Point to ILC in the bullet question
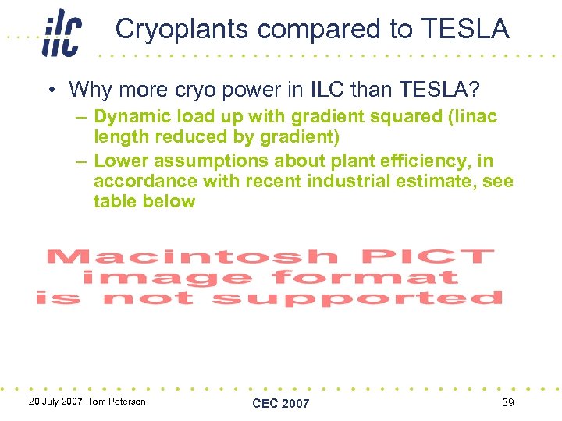coord(327,89)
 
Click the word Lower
coord(120,161)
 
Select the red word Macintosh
coord(193,256)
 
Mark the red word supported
coord(357,298)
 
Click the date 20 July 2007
coord(55,402)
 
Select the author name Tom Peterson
coord(116,402)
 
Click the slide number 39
coord(508,402)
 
